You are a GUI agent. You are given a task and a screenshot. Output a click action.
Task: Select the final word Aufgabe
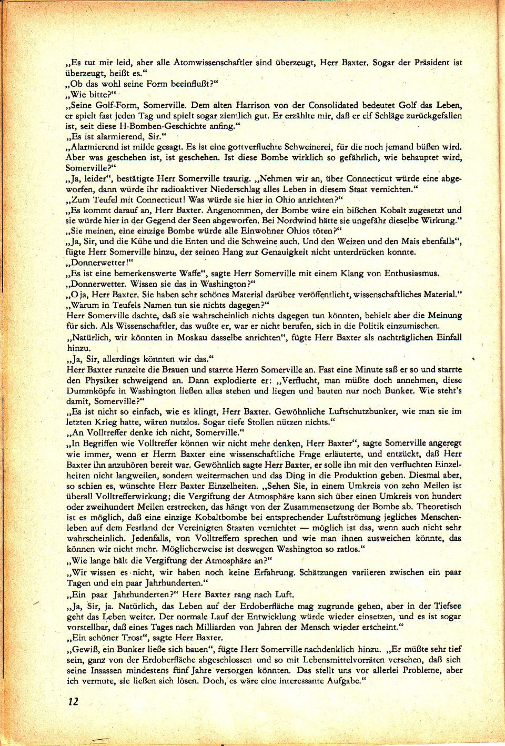click(x=344, y=681)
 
